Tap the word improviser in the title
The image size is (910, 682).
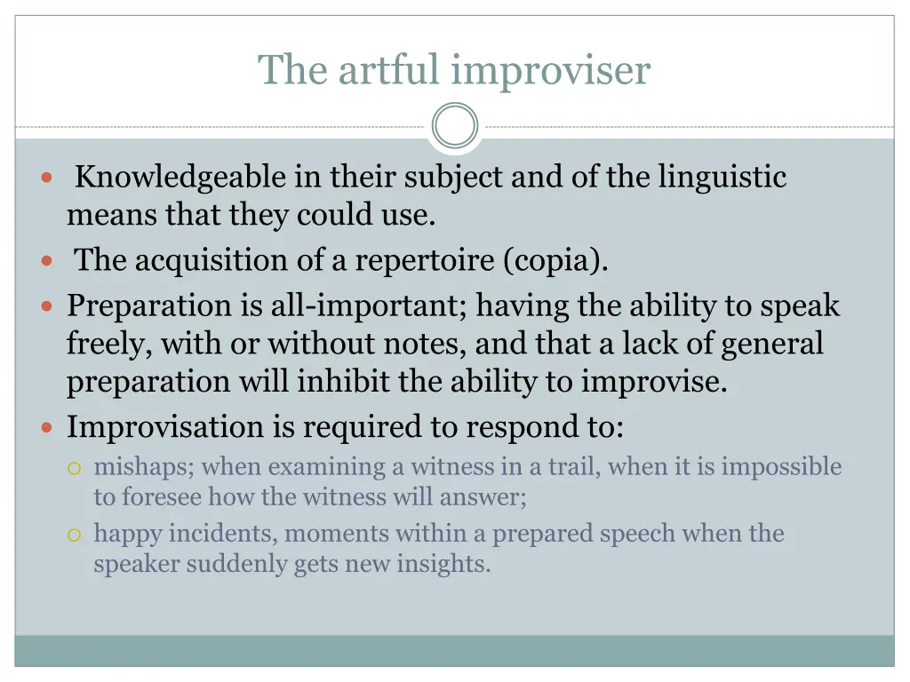(x=550, y=70)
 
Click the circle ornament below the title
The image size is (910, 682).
(x=455, y=126)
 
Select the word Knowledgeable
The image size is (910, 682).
(x=180, y=178)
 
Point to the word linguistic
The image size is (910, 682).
(x=722, y=178)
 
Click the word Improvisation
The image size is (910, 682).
(x=166, y=427)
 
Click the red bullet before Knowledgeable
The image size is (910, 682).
(x=47, y=178)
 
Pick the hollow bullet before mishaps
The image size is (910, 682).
(x=75, y=467)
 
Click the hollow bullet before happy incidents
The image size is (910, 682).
(x=75, y=535)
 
